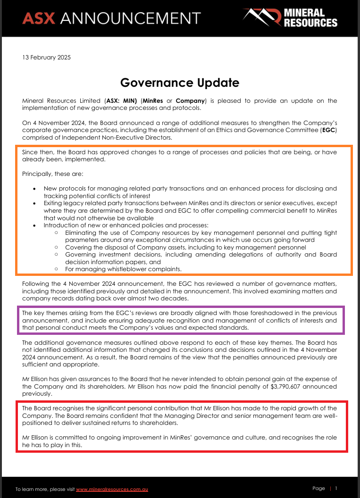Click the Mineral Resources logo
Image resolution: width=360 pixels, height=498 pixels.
coord(290,17)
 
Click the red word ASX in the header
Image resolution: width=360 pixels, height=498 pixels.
coord(39,18)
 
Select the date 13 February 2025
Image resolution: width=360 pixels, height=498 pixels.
coord(46,58)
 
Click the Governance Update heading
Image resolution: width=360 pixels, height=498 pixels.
coord(180,83)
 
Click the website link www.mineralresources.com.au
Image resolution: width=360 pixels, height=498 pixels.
coord(112,489)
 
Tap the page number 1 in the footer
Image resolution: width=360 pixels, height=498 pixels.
coord(336,489)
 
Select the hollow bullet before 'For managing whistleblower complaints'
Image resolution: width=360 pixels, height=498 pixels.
coord(56,269)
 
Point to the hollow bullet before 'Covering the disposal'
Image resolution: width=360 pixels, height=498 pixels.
coord(56,248)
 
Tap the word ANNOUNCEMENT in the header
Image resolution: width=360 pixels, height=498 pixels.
coord(131,18)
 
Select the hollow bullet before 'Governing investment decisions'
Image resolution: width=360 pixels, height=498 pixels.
coord(56,255)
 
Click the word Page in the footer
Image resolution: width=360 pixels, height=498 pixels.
coord(318,489)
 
